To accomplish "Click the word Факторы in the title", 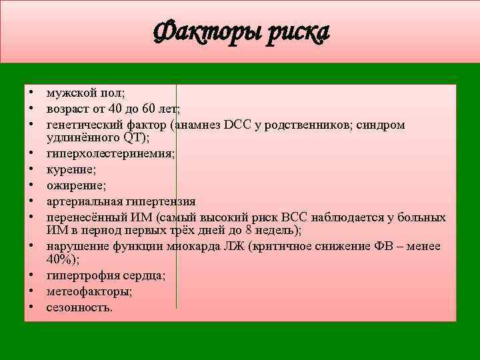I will [205, 32].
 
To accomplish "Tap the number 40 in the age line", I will [115, 109].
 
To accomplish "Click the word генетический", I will [82, 125].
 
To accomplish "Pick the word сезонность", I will [79, 307].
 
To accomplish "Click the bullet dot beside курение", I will [31, 169].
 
